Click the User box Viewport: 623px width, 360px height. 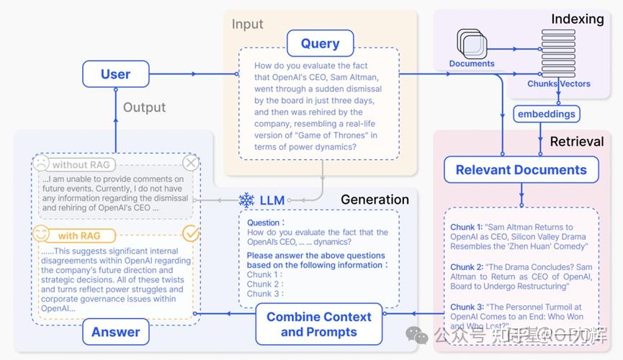tap(115, 74)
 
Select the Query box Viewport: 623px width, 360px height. tap(320, 43)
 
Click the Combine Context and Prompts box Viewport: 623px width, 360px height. tap(318, 324)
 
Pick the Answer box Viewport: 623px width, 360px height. tap(115, 331)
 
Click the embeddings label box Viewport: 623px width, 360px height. tap(547, 114)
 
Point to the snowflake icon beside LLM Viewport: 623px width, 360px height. tap(246, 199)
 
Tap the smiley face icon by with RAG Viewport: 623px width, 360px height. tap(41, 235)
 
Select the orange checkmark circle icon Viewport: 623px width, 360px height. tap(190, 233)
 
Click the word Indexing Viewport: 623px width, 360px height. tap(577, 19)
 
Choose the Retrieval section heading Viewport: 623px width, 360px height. tap(576, 141)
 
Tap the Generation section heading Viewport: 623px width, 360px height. tap(375, 199)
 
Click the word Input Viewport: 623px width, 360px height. tap(247, 24)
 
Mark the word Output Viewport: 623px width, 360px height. tap(144, 107)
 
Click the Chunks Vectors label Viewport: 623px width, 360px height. tap(558, 84)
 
